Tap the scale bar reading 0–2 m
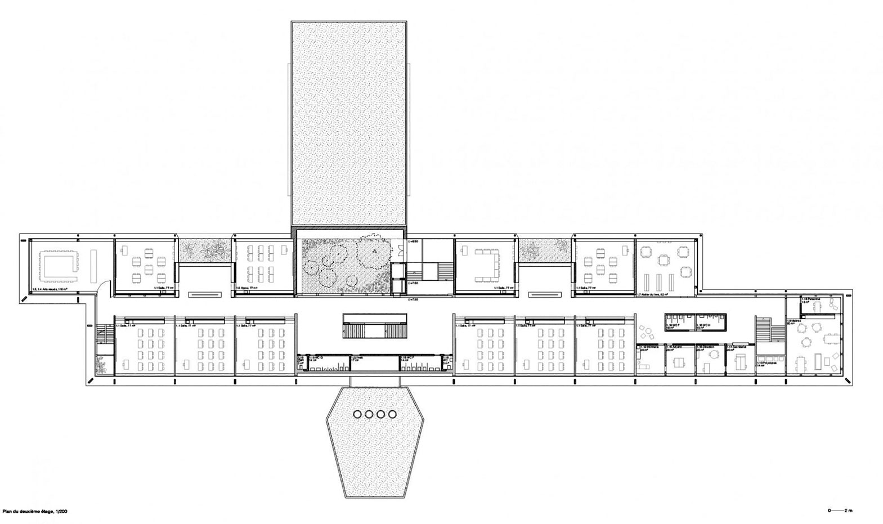(x=840, y=511)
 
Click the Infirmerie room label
(x=647, y=348)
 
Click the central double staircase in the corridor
(x=374, y=326)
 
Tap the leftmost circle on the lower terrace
(x=357, y=415)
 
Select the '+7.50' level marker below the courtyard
(x=413, y=301)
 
